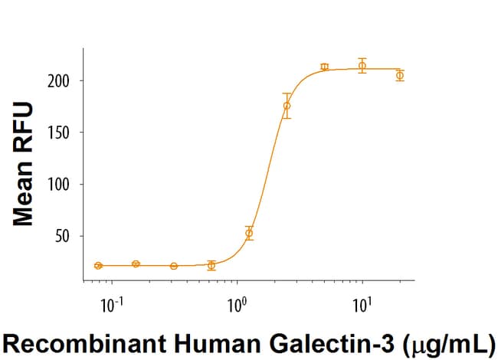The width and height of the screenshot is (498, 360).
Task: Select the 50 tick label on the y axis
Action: [65, 236]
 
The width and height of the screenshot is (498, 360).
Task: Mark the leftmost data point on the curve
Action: [98, 266]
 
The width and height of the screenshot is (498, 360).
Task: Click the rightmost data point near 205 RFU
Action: [400, 75]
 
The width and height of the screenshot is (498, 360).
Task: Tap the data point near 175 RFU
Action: [287, 106]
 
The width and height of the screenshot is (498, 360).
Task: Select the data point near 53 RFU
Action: [249, 232]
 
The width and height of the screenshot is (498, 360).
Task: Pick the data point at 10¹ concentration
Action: [362, 66]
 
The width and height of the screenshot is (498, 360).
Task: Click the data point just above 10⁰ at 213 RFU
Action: [325, 67]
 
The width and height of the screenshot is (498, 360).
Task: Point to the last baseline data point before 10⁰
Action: [211, 265]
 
